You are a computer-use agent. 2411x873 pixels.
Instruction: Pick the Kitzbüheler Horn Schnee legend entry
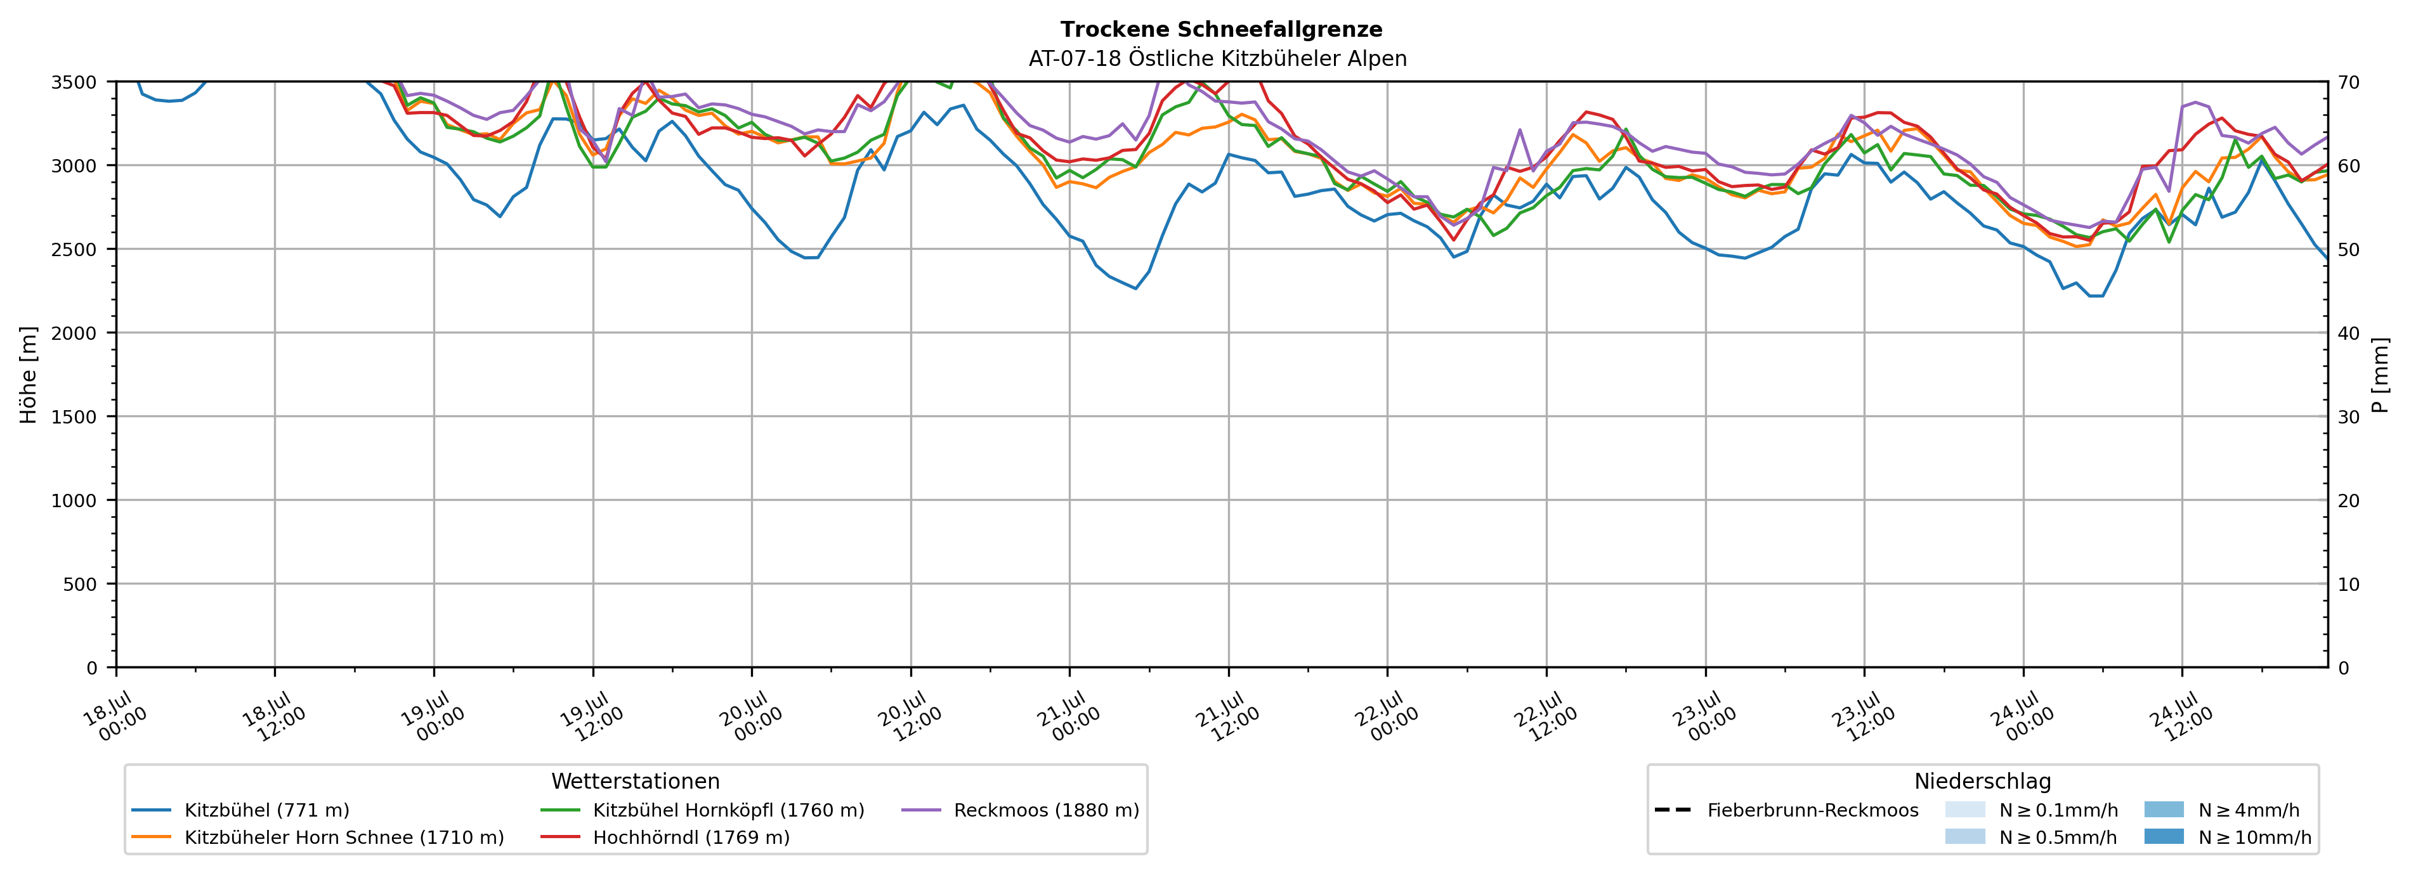pyautogui.click(x=318, y=837)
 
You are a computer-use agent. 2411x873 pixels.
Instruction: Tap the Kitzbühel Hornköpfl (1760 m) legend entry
pyautogui.click(x=703, y=810)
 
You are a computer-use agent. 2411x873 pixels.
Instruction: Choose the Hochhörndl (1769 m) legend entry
pyautogui.click(x=665, y=837)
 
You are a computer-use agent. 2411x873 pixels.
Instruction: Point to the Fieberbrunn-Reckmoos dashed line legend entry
pyautogui.click(x=1786, y=810)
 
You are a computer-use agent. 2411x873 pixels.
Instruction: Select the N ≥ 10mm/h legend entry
pyautogui.click(x=2228, y=837)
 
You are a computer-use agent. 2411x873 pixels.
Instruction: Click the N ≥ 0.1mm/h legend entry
pyautogui.click(x=2031, y=810)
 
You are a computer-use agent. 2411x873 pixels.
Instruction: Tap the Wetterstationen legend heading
pyautogui.click(x=636, y=781)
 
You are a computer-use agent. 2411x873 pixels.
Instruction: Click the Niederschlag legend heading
pyautogui.click(x=1982, y=781)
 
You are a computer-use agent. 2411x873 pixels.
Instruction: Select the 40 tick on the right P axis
pyautogui.click(x=2349, y=333)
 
